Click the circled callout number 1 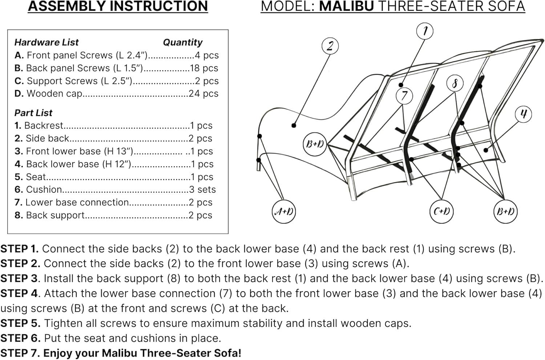[425, 31]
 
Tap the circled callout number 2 [330, 46]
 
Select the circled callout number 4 [523, 114]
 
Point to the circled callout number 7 [404, 96]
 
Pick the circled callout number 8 [455, 84]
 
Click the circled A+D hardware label [284, 211]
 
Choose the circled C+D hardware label [441, 211]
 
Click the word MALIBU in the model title [346, 7]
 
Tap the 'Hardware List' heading [47, 43]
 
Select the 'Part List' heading [33, 113]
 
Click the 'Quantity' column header [182, 43]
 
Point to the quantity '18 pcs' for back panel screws [204, 68]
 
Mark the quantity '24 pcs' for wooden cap [203, 93]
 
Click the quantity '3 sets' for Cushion [202, 189]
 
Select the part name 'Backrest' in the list [44, 125]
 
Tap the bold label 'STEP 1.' [20, 249]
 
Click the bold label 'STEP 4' [19, 293]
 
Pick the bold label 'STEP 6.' [20, 338]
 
